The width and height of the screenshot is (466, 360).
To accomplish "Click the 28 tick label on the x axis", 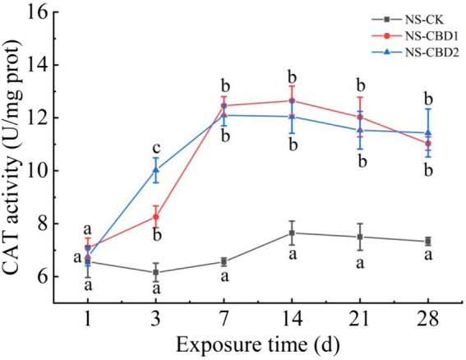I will tap(427, 317).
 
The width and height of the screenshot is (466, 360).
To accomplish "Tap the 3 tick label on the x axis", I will tap(155, 317).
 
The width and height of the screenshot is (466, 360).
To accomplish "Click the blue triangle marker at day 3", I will tap(155, 170).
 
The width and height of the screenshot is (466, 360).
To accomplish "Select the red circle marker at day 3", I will tap(155, 217).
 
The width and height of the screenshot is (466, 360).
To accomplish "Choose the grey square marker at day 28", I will tap(427, 241).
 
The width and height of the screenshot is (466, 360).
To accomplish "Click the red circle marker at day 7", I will tap(224, 106).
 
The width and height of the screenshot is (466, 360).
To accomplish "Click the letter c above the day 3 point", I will tap(155, 147).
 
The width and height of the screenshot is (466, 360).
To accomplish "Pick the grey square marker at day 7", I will tap(224, 261).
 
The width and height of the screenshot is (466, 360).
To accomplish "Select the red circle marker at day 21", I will tap(359, 118).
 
